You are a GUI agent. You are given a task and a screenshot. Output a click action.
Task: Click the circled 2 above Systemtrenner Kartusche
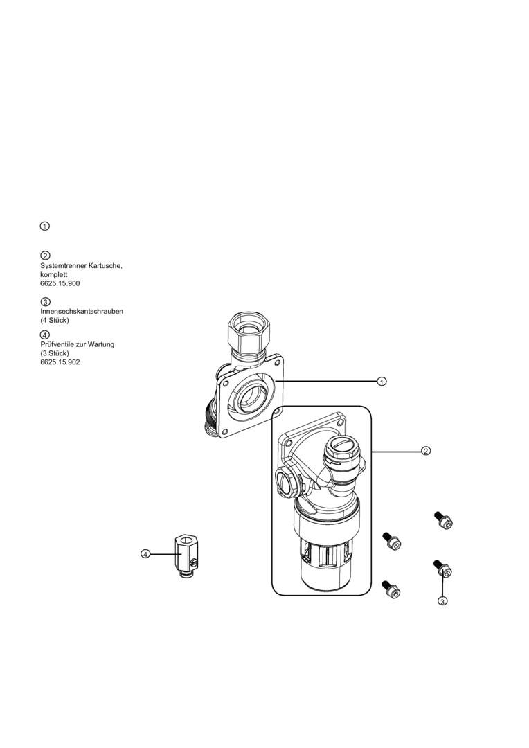pos(45,256)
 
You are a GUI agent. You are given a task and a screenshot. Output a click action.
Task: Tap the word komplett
pos(54,274)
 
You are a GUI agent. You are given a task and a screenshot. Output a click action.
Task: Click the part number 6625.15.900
pos(60,283)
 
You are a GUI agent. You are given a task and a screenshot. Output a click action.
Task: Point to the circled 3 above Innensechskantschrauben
pos(45,302)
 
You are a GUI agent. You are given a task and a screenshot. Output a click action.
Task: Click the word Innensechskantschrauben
pos(82,311)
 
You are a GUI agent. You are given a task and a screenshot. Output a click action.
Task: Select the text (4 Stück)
pos(55,320)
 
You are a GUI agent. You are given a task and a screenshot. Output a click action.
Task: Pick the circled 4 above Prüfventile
pos(45,335)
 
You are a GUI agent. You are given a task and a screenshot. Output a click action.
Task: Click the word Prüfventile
pos(57,344)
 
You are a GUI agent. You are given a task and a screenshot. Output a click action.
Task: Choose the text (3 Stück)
pos(55,353)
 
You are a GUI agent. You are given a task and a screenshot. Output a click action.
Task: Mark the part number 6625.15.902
pos(60,362)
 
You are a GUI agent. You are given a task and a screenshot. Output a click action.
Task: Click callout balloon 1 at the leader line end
pos(382,381)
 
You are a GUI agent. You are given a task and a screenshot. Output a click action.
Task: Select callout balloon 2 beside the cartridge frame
pos(426,451)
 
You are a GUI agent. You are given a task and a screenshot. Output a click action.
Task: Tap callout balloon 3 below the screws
pos(442,601)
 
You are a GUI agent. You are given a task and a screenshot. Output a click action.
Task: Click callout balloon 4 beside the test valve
pos(145,554)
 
